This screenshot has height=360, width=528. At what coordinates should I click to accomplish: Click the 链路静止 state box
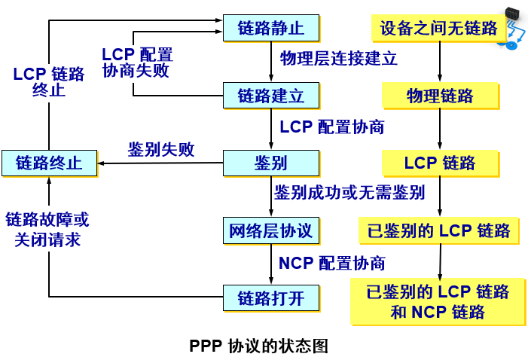[x=271, y=28]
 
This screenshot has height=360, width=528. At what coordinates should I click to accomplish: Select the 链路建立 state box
[x=271, y=96]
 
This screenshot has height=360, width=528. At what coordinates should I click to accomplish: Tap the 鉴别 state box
[x=271, y=163]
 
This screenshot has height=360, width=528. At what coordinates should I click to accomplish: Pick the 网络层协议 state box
[x=271, y=230]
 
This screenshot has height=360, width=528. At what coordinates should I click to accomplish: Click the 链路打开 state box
[x=271, y=297]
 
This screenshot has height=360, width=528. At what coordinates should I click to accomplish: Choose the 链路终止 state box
[x=49, y=163]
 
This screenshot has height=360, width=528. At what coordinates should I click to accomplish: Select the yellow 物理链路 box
[x=440, y=96]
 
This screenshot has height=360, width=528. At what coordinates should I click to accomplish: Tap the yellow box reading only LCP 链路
[x=440, y=163]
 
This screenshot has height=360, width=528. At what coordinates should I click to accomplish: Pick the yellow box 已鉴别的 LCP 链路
[x=439, y=230]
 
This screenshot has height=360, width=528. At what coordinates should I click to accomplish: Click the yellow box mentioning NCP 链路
[x=438, y=301]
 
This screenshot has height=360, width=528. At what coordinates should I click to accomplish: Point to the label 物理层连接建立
[x=339, y=59]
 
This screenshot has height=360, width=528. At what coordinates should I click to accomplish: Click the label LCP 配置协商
[x=332, y=127]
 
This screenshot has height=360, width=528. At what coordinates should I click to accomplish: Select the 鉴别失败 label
[x=161, y=149]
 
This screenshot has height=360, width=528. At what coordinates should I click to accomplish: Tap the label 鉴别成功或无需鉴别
[x=349, y=192]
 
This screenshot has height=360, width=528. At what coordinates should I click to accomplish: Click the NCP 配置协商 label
[x=332, y=263]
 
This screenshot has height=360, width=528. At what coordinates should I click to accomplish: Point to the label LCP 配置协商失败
[x=137, y=63]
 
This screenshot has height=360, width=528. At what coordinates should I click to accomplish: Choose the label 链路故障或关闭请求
[x=47, y=230]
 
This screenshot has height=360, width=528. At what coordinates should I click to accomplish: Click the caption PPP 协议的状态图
[x=258, y=346]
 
